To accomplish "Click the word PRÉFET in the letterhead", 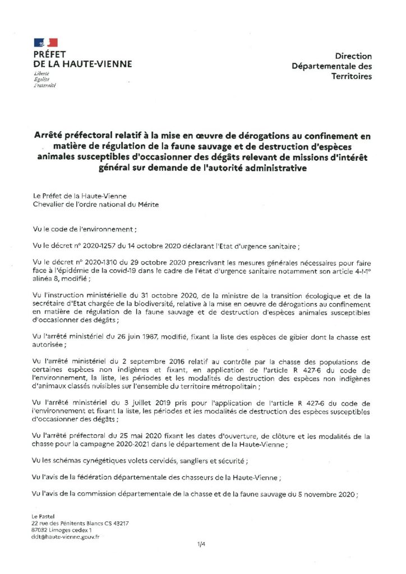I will [x=50, y=54].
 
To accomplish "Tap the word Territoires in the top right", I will [x=352, y=76].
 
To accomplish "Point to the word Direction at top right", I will [x=353, y=56].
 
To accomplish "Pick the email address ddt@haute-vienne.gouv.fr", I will [x=66, y=536].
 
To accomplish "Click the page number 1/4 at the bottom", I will [x=202, y=544].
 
